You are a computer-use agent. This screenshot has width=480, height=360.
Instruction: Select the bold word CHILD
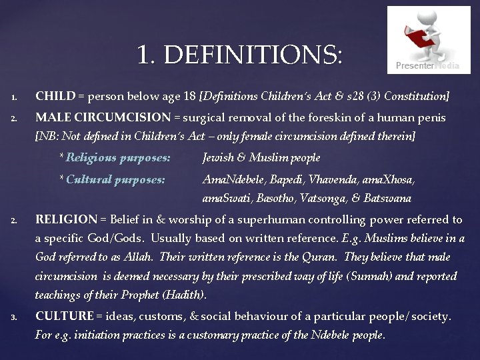click(x=55, y=97)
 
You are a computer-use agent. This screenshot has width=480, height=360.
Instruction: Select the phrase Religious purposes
click(x=117, y=158)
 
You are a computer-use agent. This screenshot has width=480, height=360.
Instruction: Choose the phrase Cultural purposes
click(x=115, y=179)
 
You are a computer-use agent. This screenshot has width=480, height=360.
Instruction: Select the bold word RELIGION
click(x=65, y=219)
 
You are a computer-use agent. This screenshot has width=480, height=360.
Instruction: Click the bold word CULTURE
click(x=64, y=316)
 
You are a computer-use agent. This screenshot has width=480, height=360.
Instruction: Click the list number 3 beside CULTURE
click(x=15, y=317)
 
